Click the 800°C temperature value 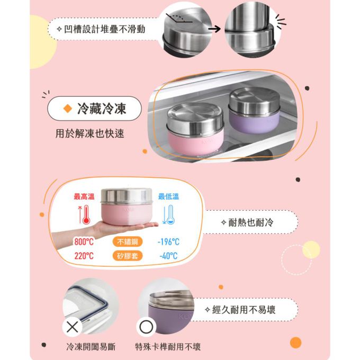(x=84, y=242)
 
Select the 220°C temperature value (x=84, y=256)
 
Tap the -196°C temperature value (x=168, y=242)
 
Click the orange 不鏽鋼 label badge (x=128, y=242)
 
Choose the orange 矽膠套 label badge (x=128, y=256)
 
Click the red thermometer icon (x=82, y=215)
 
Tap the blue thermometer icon (x=169, y=215)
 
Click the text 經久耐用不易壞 (x=244, y=309)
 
